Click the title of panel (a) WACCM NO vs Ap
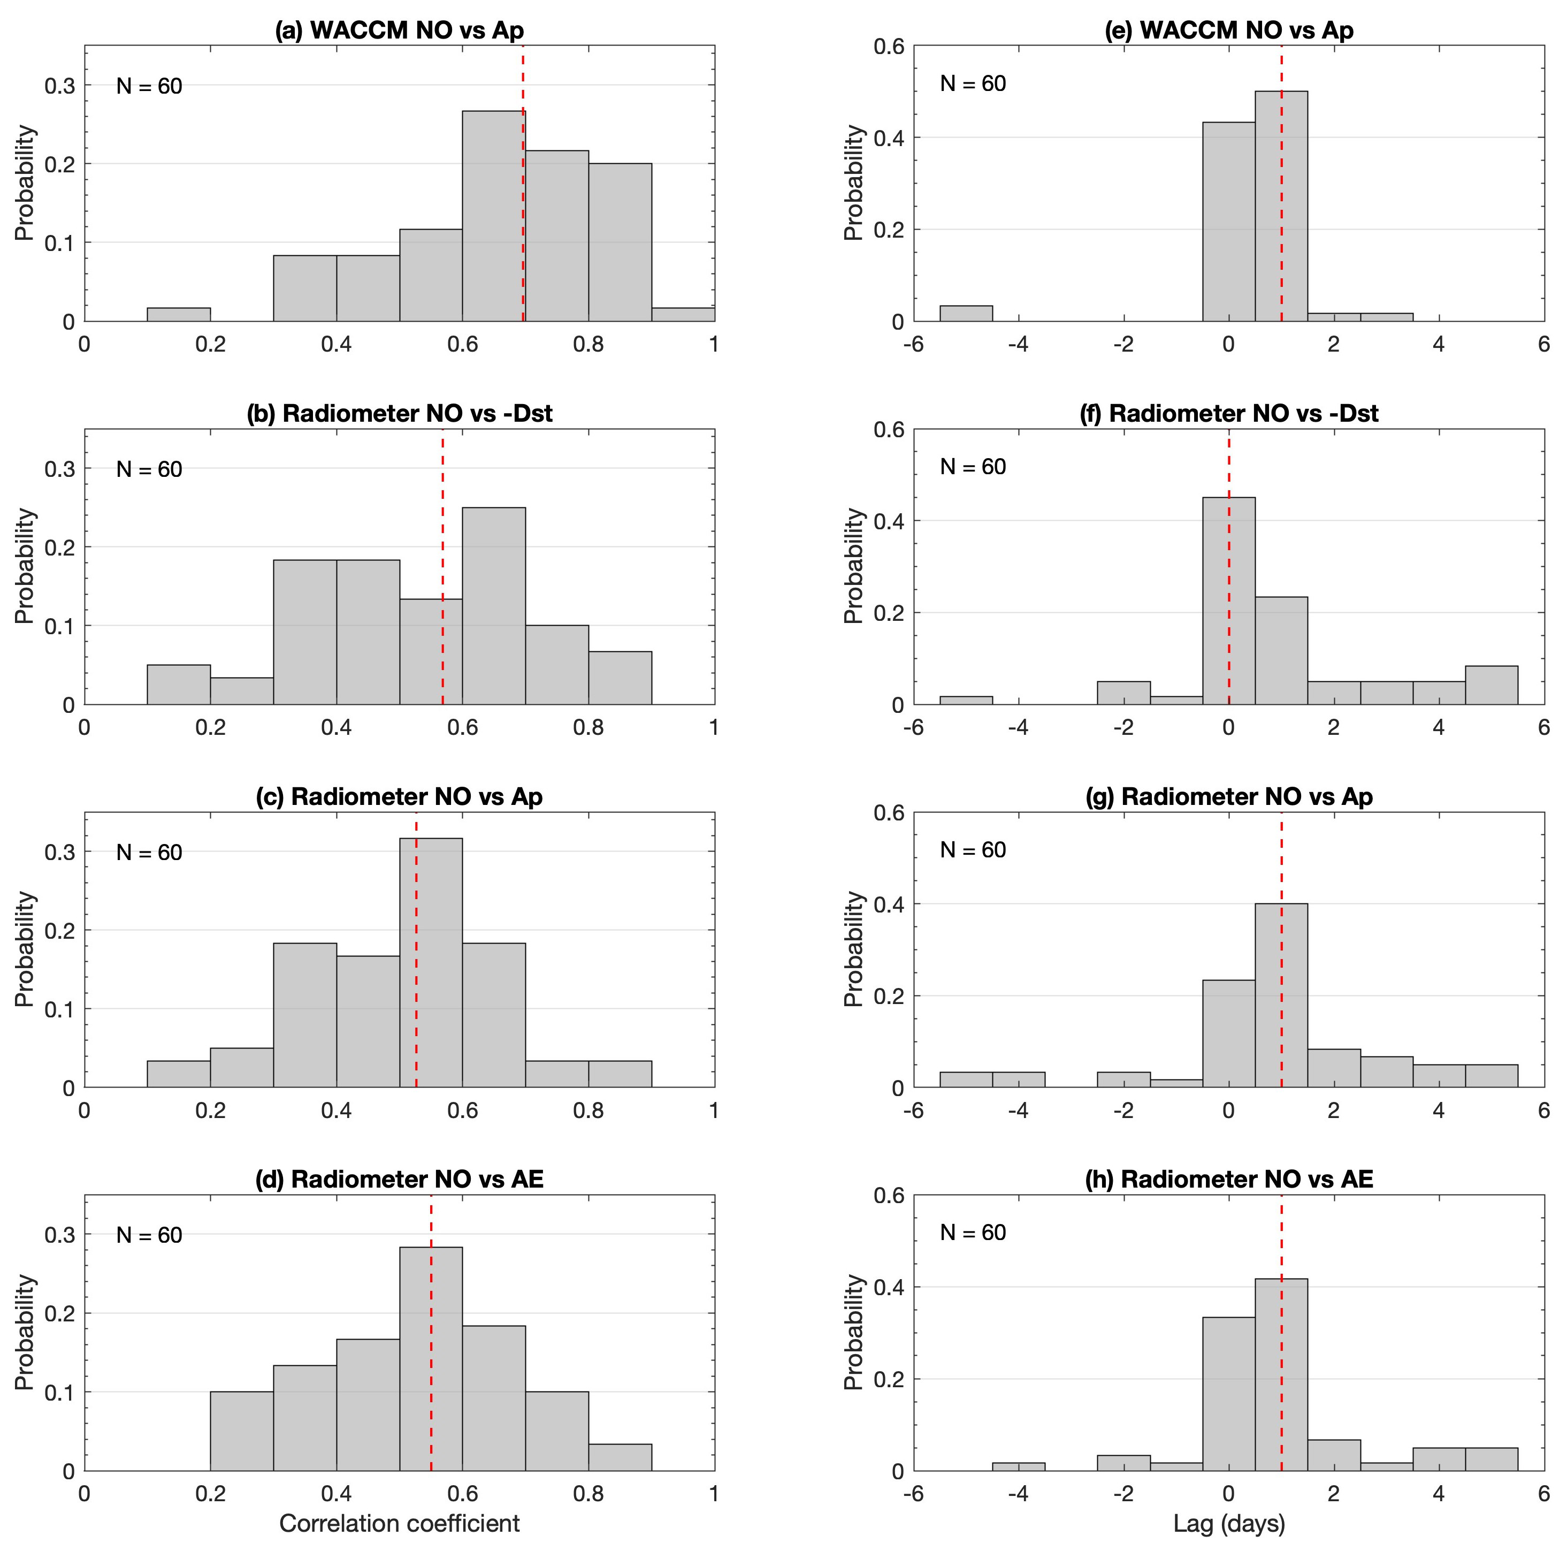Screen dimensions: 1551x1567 [399, 30]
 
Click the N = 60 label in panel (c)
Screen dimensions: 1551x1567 [149, 853]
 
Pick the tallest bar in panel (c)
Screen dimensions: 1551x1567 [431, 963]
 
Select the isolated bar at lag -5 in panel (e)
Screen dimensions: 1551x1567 [966, 313]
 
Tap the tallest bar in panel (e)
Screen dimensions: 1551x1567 [1281, 207]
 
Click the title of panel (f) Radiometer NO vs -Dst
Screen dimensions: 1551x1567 [1229, 414]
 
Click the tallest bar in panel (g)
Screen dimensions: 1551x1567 [1281, 995]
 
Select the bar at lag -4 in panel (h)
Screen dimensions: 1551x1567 [1019, 1466]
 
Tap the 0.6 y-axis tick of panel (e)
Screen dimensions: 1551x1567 [889, 46]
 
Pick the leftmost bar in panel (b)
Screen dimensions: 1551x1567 [179, 685]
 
